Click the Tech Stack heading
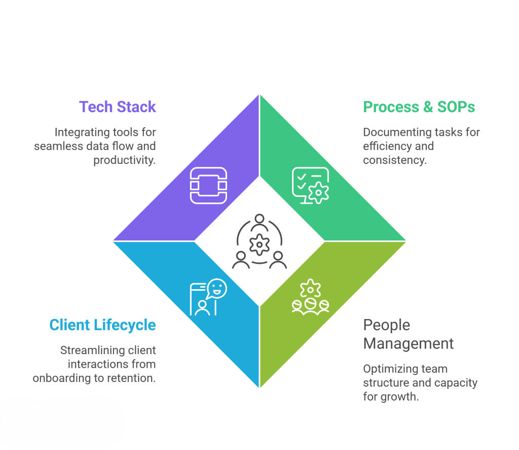click(x=117, y=107)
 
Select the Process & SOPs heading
click(x=419, y=107)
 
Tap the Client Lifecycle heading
click(x=102, y=325)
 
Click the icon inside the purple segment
click(x=208, y=186)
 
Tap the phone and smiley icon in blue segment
click(x=208, y=297)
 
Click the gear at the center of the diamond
click(x=259, y=245)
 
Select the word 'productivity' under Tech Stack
click(x=123, y=160)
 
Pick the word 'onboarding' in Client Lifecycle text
click(x=62, y=378)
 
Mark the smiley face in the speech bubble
click(x=217, y=289)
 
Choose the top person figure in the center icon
click(x=259, y=220)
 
